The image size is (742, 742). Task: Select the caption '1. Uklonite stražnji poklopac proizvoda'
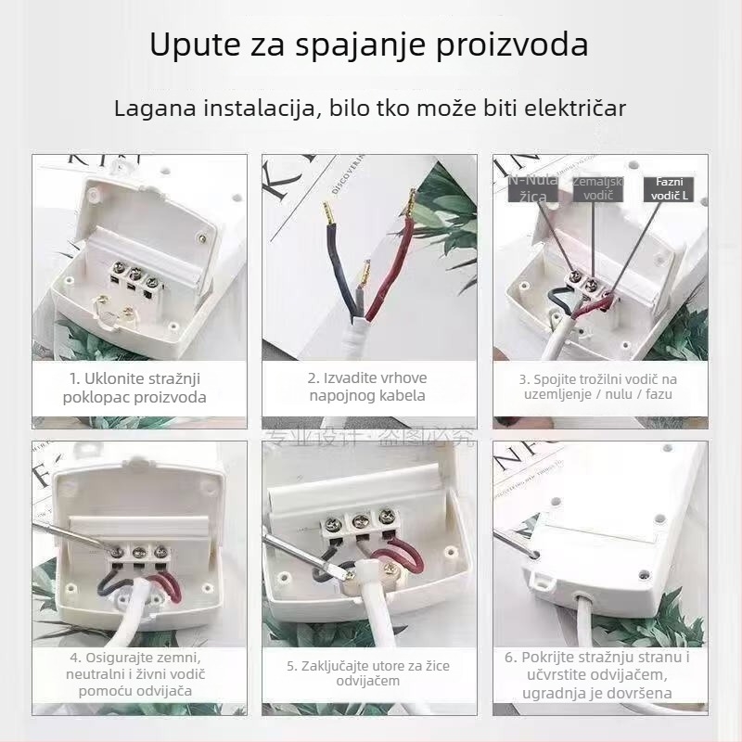click(135, 388)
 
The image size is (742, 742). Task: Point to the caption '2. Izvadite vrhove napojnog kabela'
click(366, 387)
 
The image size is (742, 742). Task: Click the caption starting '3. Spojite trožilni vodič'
click(597, 387)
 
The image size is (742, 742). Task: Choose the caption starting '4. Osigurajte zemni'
click(135, 674)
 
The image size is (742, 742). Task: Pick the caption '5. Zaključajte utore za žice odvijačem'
click(367, 673)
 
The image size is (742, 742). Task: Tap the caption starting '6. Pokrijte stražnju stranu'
click(597, 675)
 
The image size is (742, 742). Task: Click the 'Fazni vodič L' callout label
click(668, 189)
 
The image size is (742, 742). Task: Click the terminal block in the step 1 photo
click(132, 275)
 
